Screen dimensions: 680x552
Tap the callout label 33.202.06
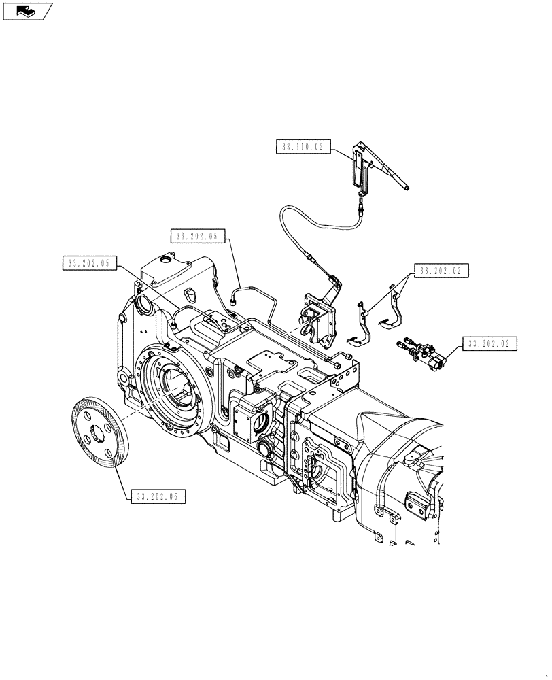[x=156, y=496]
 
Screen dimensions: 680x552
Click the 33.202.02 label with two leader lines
[x=441, y=271]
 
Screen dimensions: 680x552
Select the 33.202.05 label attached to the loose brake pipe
[x=196, y=236]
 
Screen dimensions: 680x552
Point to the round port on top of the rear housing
[x=164, y=261]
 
